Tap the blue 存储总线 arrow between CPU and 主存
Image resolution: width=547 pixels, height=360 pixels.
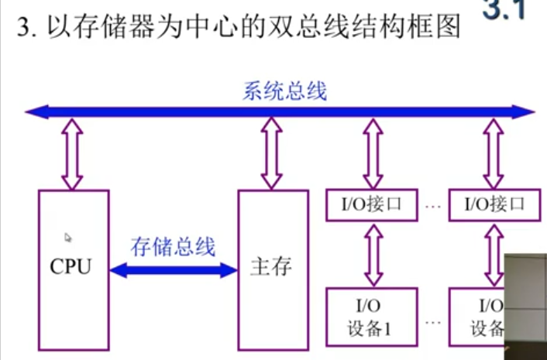(173, 269)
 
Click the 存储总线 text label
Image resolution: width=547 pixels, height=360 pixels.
(173, 247)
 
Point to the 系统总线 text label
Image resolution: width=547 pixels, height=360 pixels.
(284, 91)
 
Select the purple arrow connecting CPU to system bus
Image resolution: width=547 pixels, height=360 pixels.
(72, 155)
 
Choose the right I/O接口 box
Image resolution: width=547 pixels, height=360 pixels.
(494, 204)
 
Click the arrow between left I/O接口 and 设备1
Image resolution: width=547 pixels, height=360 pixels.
(373, 255)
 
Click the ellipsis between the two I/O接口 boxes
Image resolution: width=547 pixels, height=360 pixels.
(433, 207)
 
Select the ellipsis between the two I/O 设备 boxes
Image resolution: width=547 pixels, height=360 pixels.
(433, 320)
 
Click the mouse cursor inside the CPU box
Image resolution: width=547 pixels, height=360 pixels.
(68, 238)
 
